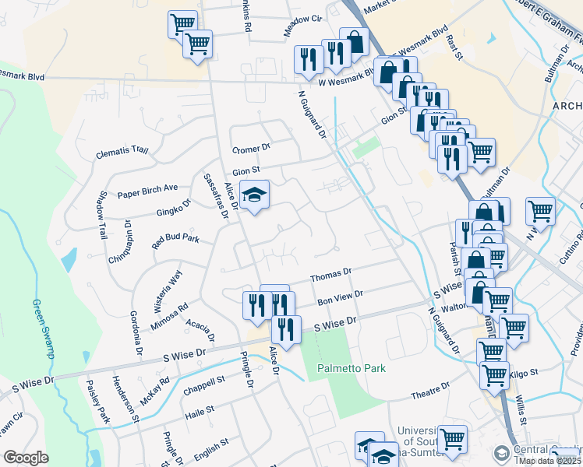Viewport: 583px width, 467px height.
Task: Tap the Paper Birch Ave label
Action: click(148, 191)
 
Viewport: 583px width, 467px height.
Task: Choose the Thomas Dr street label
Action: click(331, 276)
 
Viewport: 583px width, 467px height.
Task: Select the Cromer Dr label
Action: click(251, 148)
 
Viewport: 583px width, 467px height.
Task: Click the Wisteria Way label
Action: click(164, 285)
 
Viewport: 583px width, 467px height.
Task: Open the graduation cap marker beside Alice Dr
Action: click(254, 195)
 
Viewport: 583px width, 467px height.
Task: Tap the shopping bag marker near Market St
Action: click(355, 41)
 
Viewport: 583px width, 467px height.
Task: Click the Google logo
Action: click(26, 457)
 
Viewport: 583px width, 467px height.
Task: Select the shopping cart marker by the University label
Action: click(452, 438)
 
